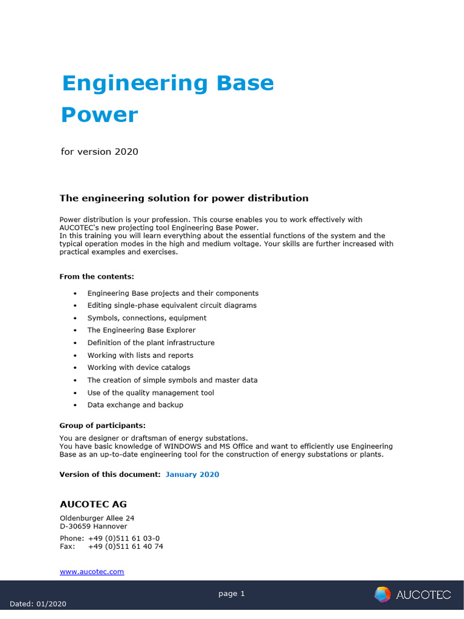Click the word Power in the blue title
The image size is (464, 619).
100,115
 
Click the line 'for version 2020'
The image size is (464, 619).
100,151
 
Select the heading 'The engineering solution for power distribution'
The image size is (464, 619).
184,198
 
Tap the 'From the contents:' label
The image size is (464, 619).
97,276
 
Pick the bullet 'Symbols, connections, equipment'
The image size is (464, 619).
147,318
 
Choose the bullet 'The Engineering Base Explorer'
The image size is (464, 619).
142,330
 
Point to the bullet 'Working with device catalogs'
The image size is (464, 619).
139,368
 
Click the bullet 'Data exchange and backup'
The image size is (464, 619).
135,405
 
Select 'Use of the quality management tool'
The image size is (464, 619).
150,393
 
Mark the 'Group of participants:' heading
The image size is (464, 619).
103,426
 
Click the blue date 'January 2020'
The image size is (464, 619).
192,475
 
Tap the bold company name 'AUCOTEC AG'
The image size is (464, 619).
93,504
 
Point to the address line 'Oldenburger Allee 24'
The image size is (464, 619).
97,518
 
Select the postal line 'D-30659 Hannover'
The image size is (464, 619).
94,527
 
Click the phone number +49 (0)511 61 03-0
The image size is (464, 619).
124,538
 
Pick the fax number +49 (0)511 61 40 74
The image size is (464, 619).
126,546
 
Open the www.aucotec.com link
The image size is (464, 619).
92,571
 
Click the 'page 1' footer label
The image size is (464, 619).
231,594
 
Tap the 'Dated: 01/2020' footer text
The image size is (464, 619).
38,604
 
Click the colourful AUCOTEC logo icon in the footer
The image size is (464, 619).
382,595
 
